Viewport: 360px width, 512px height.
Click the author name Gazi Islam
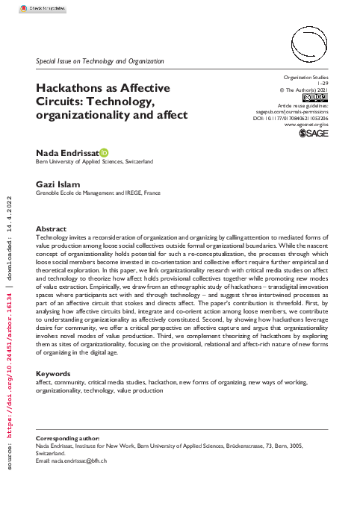pyautogui.click(x=56, y=184)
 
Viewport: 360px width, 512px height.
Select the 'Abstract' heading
pyautogui.click(x=52, y=229)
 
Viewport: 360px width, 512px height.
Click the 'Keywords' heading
pyautogui.click(x=54, y=373)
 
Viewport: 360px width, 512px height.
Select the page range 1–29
pyautogui.click(x=322, y=84)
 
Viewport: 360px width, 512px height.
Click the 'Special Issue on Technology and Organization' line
pyautogui.click(x=99, y=60)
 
